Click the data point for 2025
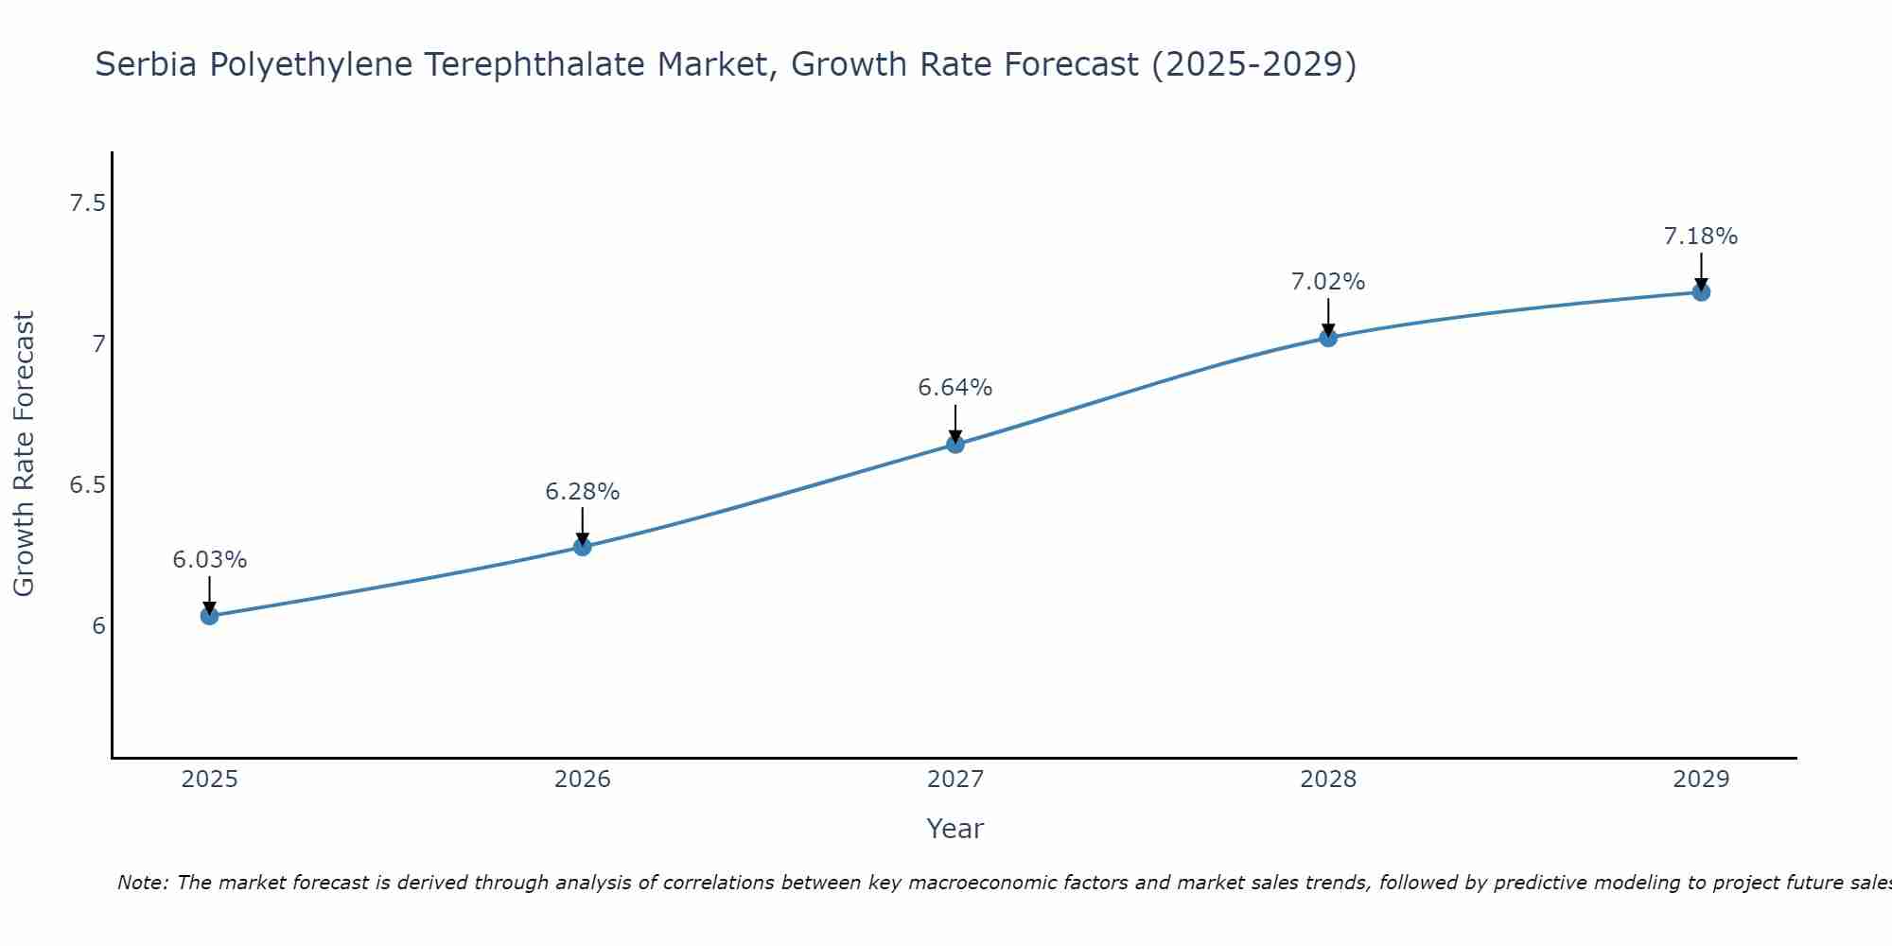[x=210, y=616]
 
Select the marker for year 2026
[x=583, y=547]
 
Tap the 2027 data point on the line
[x=955, y=444]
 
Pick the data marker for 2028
[x=1328, y=338]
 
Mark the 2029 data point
[x=1701, y=292]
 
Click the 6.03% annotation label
[x=210, y=560]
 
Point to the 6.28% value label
[x=583, y=492]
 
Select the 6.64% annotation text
[x=955, y=388]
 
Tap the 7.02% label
[x=1328, y=282]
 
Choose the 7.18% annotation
[x=1701, y=236]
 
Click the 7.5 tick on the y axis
[x=87, y=203]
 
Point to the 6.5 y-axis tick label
[x=87, y=485]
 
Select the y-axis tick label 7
[x=98, y=344]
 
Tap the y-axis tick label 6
[x=98, y=626]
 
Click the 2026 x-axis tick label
[x=583, y=780]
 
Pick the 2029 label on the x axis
[x=1701, y=780]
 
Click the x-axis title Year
[x=955, y=829]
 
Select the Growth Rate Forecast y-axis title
[x=25, y=454]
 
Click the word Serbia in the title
[x=147, y=64]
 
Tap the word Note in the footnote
[x=141, y=883]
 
